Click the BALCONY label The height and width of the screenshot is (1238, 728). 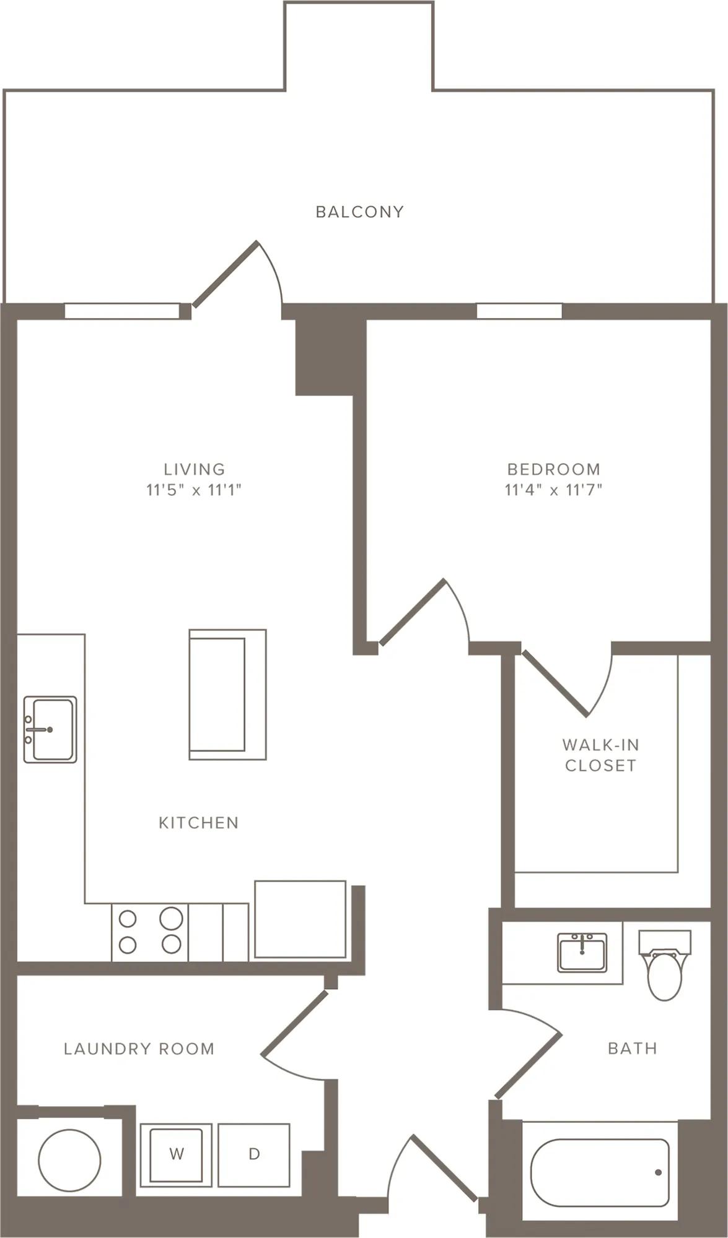pyautogui.click(x=359, y=212)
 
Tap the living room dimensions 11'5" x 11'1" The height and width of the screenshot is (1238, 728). pyautogui.click(x=194, y=490)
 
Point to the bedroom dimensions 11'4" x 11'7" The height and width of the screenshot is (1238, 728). pyautogui.click(x=553, y=490)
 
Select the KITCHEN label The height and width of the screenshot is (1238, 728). pyautogui.click(x=198, y=823)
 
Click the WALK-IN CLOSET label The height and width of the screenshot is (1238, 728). pyautogui.click(x=600, y=755)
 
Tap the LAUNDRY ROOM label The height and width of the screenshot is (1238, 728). pyautogui.click(x=139, y=1049)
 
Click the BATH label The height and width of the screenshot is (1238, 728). pyautogui.click(x=632, y=1048)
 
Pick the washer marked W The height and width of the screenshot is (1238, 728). pyautogui.click(x=177, y=1154)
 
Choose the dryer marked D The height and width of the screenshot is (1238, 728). pyautogui.click(x=254, y=1154)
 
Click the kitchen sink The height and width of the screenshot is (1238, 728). pyautogui.click(x=50, y=729)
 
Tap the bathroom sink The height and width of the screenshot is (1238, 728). pyautogui.click(x=582, y=952)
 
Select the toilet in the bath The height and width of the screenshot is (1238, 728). pyautogui.click(x=664, y=965)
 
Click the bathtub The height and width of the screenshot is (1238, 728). pyautogui.click(x=600, y=1172)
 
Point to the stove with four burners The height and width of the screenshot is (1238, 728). pyautogui.click(x=150, y=932)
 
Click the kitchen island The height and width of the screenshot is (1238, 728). pyautogui.click(x=227, y=695)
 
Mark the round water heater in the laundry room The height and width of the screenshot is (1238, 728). pyautogui.click(x=69, y=1161)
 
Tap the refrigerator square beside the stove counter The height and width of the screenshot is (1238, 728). pyautogui.click(x=300, y=919)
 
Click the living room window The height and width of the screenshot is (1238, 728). pyautogui.click(x=122, y=311)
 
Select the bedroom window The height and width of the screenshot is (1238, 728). pyautogui.click(x=519, y=311)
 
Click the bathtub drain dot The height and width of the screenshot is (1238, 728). pyautogui.click(x=658, y=1172)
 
